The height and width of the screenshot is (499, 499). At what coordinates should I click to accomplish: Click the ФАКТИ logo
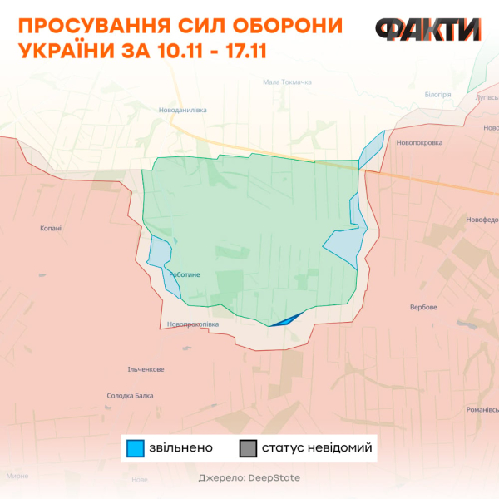[427, 30]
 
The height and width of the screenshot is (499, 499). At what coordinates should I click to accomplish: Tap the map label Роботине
[184, 274]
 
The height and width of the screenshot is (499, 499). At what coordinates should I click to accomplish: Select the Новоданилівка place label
[182, 110]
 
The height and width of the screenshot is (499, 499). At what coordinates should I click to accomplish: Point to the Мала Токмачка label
[287, 82]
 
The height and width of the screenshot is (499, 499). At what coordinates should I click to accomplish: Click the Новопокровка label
[420, 142]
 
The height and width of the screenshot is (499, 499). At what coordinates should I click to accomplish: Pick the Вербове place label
[423, 307]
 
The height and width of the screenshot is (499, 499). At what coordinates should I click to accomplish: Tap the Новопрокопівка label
[192, 324]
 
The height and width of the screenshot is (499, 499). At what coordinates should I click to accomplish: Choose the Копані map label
[51, 228]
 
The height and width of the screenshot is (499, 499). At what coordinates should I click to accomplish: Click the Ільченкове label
[146, 369]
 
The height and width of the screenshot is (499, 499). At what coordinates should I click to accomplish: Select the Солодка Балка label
[131, 396]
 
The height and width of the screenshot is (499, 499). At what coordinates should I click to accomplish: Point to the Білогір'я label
[437, 95]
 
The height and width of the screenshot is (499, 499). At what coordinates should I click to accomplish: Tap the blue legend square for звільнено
[136, 448]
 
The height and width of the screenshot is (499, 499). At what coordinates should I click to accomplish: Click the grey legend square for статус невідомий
[248, 448]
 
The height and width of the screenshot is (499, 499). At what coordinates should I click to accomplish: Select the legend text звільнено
[180, 448]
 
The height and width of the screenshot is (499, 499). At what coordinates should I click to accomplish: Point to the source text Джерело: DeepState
[249, 478]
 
